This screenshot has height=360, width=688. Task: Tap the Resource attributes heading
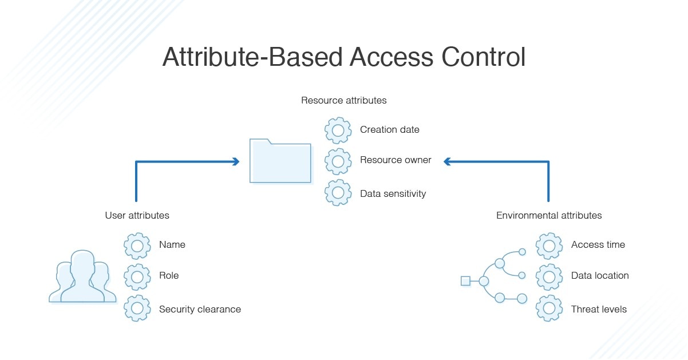[x=343, y=100]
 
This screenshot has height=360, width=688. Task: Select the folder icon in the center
[x=280, y=161]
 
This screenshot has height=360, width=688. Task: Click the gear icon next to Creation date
[x=338, y=130]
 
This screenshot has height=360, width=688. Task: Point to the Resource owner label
[x=396, y=160]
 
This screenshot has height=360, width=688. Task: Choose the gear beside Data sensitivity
[x=338, y=193]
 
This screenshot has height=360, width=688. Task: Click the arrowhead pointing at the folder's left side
[x=236, y=162]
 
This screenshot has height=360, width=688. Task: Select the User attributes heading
[x=137, y=216]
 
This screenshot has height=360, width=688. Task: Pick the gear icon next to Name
[x=137, y=246]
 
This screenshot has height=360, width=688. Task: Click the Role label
[x=169, y=276]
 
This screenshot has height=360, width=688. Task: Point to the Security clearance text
[x=200, y=310]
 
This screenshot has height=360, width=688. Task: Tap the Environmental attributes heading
[x=548, y=216]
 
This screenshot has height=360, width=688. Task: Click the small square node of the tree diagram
[x=465, y=280]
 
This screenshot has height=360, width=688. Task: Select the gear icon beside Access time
[x=549, y=246]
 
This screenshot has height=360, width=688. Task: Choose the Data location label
[x=600, y=276]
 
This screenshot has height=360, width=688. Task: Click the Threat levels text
[x=599, y=310]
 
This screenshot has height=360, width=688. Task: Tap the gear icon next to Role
[x=137, y=276]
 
